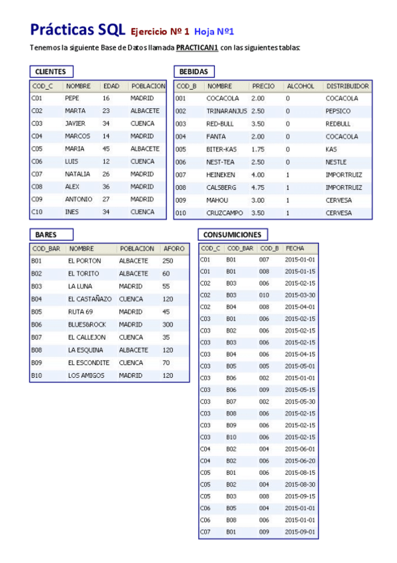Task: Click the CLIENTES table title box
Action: click(51, 72)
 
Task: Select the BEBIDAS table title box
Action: click(194, 72)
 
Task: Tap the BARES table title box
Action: click(50, 234)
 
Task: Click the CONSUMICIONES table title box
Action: click(233, 234)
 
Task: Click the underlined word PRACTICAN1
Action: click(198, 48)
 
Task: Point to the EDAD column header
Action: click(111, 86)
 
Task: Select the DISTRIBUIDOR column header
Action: click(347, 86)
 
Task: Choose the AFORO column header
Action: click(174, 249)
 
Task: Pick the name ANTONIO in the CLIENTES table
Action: click(79, 199)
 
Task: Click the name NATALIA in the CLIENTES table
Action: click(78, 174)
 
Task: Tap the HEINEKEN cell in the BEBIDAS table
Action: click(221, 175)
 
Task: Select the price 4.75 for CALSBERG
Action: click(258, 187)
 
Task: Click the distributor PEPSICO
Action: click(338, 112)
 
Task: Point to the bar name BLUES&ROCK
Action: click(87, 325)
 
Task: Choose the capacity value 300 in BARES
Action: click(168, 325)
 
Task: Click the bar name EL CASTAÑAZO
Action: click(89, 299)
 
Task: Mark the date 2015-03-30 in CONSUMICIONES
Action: click(300, 295)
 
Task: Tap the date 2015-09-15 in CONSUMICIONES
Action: click(300, 496)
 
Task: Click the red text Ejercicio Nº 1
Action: click(160, 31)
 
